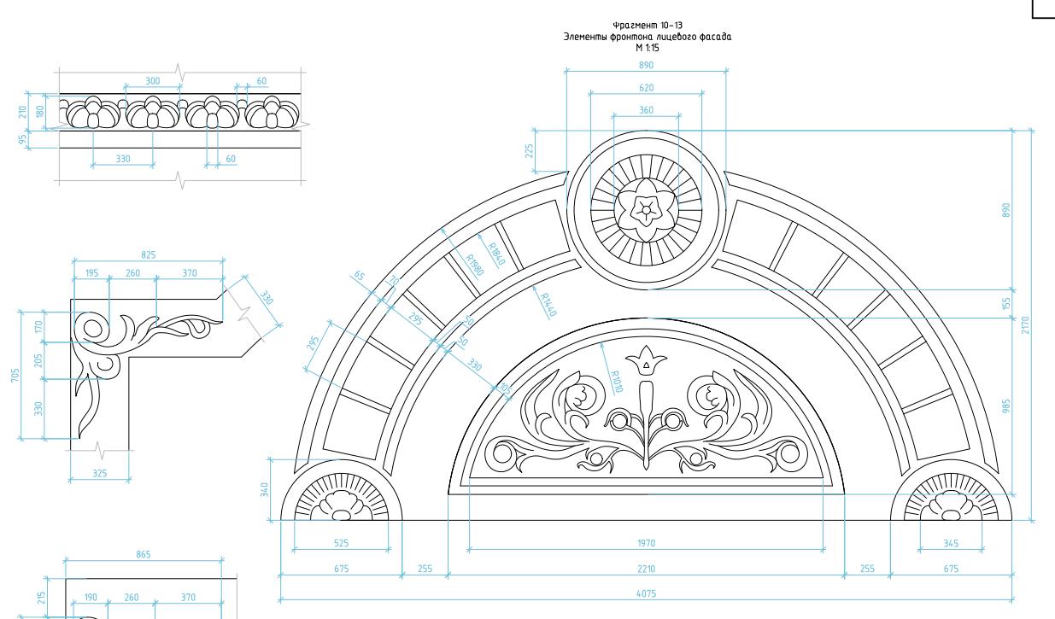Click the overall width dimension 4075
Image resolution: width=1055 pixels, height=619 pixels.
[646, 593]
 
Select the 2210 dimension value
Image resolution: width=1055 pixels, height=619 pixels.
[646, 569]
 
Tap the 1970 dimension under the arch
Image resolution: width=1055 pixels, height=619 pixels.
[646, 543]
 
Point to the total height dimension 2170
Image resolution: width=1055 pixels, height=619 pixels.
[1026, 325]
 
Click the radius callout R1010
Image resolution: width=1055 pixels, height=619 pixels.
[617, 382]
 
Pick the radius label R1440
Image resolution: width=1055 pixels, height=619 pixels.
[548, 305]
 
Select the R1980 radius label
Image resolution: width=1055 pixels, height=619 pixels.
[475, 265]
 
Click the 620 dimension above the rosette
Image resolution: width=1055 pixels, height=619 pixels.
[646, 88]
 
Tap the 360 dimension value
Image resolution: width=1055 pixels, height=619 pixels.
[646, 110]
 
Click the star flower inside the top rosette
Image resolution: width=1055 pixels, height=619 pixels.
[646, 209]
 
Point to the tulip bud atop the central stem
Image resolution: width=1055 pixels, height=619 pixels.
[646, 361]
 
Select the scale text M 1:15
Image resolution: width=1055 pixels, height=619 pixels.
[648, 48]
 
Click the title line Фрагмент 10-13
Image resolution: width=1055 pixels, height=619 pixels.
[648, 26]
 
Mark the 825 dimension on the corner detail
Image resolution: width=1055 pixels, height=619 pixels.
[149, 255]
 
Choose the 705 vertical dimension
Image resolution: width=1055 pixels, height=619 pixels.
[15, 375]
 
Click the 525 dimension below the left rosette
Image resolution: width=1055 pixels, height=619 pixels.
[341, 543]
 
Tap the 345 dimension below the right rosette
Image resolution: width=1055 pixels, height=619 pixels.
[951, 544]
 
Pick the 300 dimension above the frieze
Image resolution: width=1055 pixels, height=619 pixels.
[153, 81]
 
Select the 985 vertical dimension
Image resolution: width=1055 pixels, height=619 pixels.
[1006, 406]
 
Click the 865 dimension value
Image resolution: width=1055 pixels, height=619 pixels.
[144, 554]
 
